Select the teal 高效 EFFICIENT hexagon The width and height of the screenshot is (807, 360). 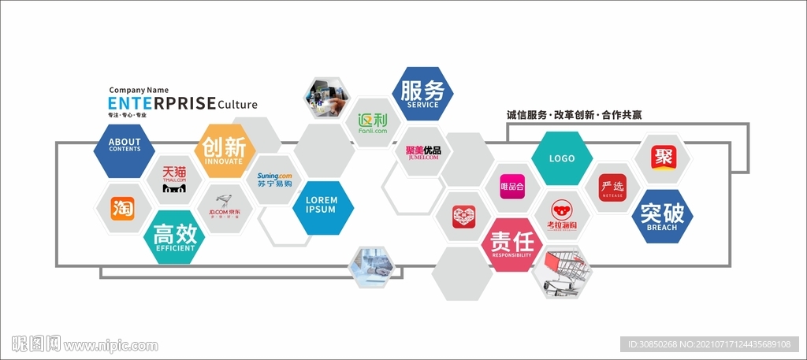coord(175,237)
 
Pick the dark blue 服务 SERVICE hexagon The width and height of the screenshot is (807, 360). coord(422,93)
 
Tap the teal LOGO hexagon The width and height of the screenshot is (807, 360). coord(562,158)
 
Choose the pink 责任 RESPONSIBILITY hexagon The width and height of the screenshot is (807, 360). coord(511,243)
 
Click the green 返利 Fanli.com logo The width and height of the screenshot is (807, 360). coord(373,124)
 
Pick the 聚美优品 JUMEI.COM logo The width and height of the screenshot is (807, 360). coord(422,153)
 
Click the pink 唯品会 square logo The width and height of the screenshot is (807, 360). coord(512,187)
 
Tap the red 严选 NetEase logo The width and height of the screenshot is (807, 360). coord(612,187)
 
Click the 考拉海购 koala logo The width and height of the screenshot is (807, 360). coord(562,214)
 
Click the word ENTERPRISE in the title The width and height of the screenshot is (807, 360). coord(162,103)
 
